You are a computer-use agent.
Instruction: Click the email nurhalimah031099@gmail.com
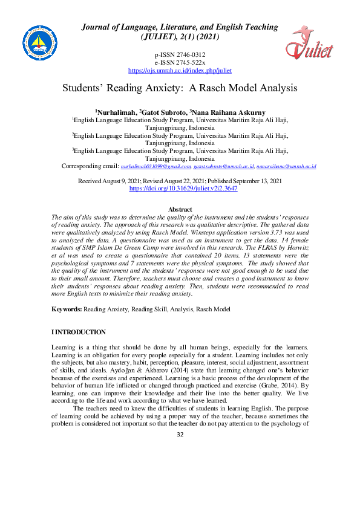click(x=156, y=166)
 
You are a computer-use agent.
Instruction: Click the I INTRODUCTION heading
click(x=79, y=332)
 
